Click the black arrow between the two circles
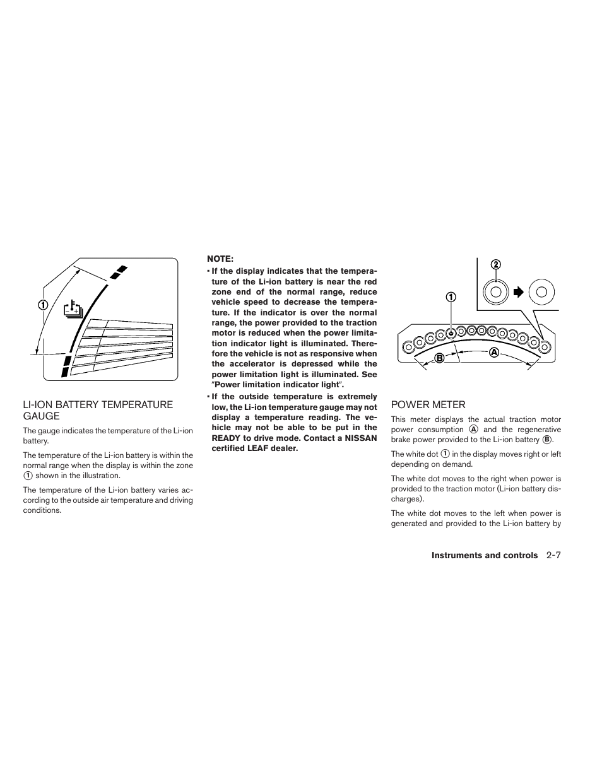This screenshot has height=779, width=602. [518, 292]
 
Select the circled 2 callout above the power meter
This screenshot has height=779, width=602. [495, 264]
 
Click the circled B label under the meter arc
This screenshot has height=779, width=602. [435, 358]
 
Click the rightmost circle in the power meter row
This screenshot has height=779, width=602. [545, 344]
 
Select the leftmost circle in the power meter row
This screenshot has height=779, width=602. [408, 346]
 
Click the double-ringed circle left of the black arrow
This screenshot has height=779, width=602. [495, 291]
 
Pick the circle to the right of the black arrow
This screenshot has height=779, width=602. [541, 291]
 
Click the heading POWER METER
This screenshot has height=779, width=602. [428, 405]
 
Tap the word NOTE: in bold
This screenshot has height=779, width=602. [220, 259]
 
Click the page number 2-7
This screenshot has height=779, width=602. [554, 556]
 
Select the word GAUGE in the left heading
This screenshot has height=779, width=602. [42, 416]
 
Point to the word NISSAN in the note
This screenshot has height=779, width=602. [362, 438]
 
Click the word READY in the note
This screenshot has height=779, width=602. [227, 438]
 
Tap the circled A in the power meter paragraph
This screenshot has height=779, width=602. [473, 430]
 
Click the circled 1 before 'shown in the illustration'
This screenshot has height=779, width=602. [28, 476]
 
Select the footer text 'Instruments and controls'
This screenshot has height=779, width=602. [485, 556]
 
